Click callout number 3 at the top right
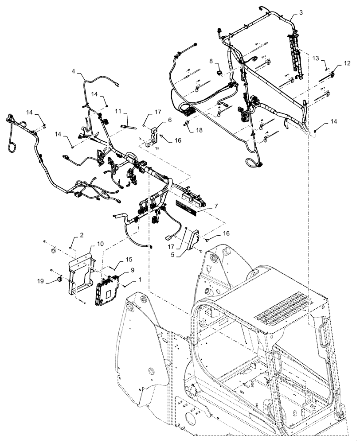point(301,13)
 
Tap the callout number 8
point(211,61)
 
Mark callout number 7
point(216,206)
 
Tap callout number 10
point(100,244)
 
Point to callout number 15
point(129,260)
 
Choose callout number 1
point(141,280)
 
